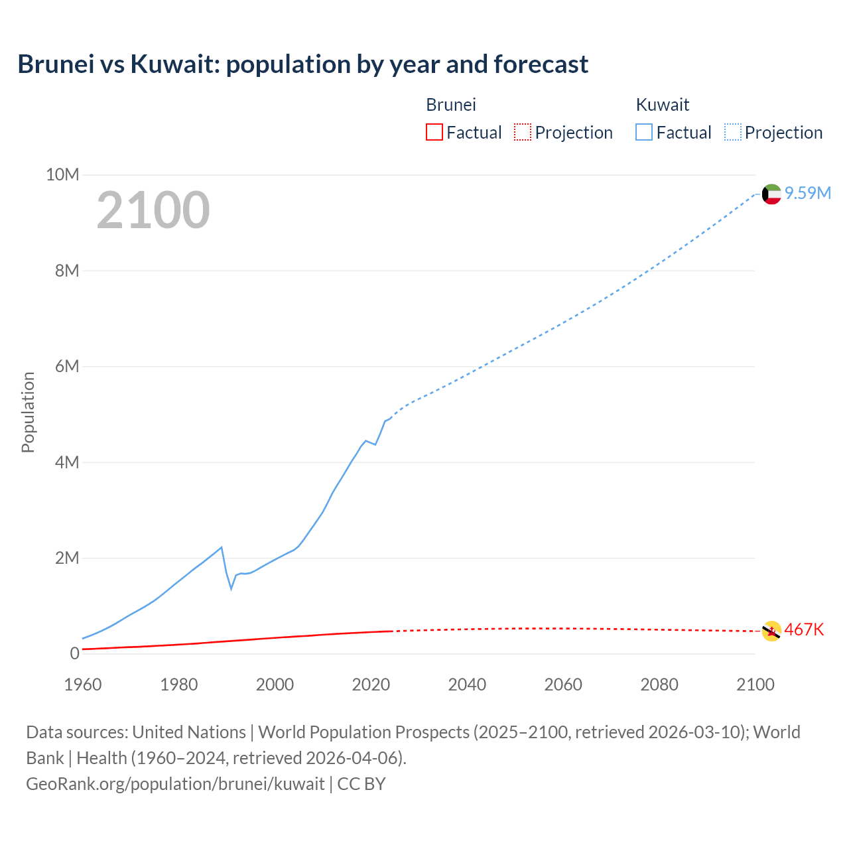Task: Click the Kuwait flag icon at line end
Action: [771, 194]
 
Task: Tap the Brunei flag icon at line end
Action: [771, 631]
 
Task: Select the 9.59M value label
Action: [807, 193]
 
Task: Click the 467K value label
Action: [804, 629]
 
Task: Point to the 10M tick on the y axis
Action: [62, 174]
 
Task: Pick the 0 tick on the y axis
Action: [74, 653]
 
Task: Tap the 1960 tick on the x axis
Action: [83, 684]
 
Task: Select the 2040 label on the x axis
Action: [467, 684]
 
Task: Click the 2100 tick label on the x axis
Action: [755, 684]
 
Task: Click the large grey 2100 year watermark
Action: [153, 210]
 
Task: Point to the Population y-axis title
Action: [28, 412]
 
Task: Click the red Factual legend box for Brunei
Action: [434, 132]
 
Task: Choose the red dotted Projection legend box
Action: [523, 132]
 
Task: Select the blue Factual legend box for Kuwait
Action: [644, 132]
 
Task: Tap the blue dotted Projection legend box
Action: [733, 132]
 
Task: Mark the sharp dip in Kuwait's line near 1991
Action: [231, 588]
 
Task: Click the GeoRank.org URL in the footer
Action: [175, 783]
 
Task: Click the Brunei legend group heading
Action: [451, 105]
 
